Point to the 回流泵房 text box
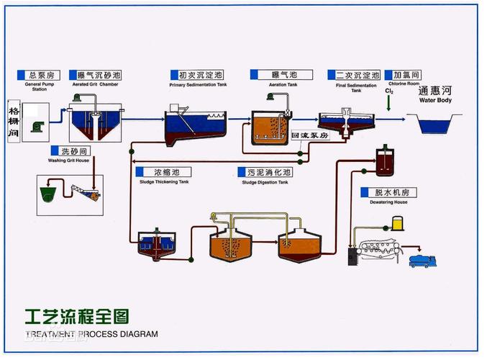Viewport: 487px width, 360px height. (x=309, y=135)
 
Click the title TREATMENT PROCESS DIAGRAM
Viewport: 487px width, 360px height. (x=91, y=334)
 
